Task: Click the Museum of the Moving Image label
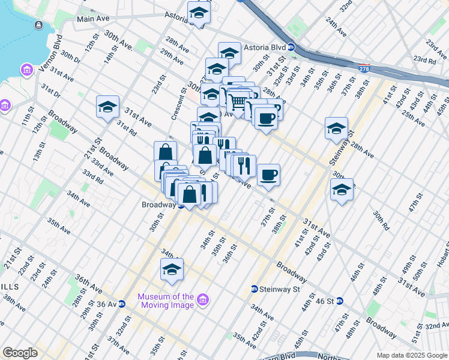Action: (x=165, y=301)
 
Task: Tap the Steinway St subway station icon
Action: (x=255, y=289)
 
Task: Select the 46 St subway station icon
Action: (x=339, y=301)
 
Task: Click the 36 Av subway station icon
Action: (x=121, y=304)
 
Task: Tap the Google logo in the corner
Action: (x=20, y=353)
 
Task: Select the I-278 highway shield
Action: (x=364, y=69)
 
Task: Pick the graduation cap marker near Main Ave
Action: (x=199, y=11)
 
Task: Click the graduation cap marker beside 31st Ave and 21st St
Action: (x=107, y=107)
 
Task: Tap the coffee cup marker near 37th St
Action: (x=269, y=174)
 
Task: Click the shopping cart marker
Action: (x=238, y=103)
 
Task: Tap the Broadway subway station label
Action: (x=158, y=205)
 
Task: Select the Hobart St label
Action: (x=441, y=259)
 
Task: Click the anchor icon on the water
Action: (x=39, y=25)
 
